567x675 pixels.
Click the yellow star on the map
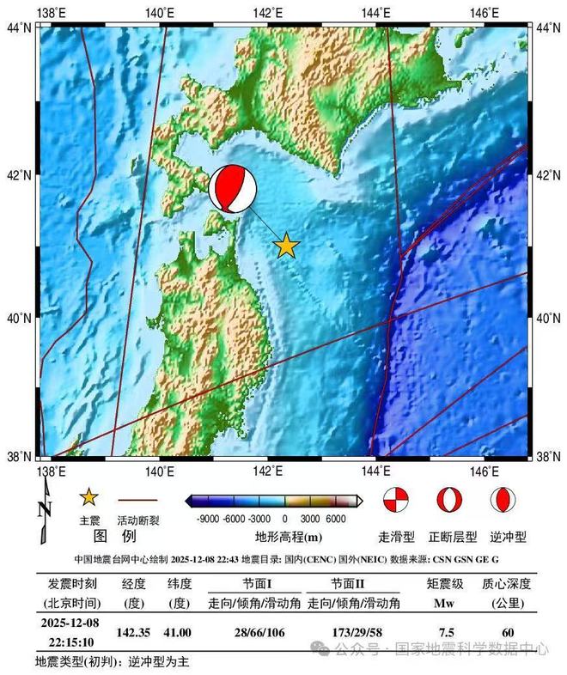(286, 246)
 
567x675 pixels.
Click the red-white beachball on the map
(233, 188)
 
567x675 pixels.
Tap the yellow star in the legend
(89, 498)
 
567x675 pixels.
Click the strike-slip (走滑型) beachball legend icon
(395, 499)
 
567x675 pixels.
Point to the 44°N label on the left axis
(19, 28)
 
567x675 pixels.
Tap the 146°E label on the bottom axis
(485, 471)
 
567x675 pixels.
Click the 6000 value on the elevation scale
(335, 519)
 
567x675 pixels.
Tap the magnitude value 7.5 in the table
(446, 632)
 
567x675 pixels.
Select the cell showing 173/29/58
(353, 632)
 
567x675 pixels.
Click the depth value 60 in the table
(508, 632)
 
